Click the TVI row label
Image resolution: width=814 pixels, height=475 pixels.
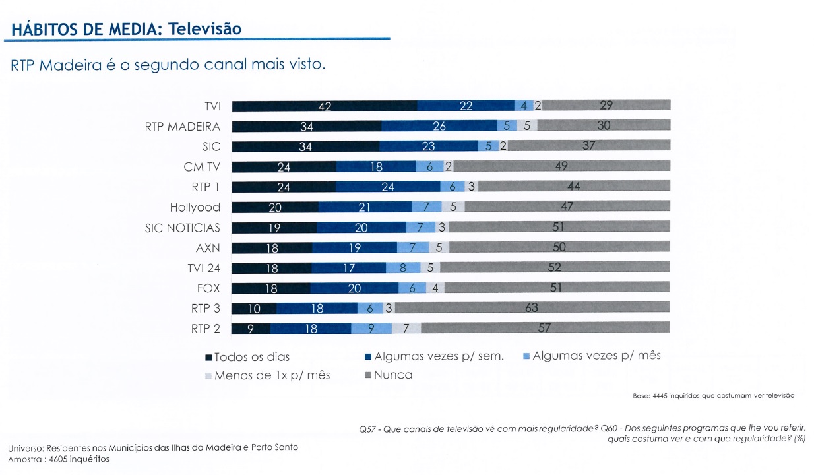click(x=212, y=106)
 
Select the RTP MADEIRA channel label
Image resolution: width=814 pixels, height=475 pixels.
click(x=182, y=126)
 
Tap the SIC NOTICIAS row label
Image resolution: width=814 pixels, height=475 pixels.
click(x=182, y=228)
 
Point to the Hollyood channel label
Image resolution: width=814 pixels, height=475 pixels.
click(x=195, y=207)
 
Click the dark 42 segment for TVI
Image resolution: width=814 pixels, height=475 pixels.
click(x=325, y=106)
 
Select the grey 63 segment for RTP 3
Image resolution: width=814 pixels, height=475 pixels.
click(x=532, y=308)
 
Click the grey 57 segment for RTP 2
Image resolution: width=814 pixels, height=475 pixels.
click(x=545, y=328)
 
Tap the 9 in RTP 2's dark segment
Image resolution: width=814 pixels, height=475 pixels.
click(x=251, y=328)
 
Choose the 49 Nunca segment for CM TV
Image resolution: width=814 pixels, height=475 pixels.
click(x=561, y=166)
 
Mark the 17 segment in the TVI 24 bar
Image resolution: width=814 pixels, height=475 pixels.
click(x=348, y=268)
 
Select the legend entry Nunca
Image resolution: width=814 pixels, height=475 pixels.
click(x=392, y=375)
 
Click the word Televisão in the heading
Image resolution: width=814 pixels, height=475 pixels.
click(x=204, y=30)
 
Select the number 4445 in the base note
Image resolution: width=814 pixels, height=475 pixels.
click(x=660, y=396)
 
